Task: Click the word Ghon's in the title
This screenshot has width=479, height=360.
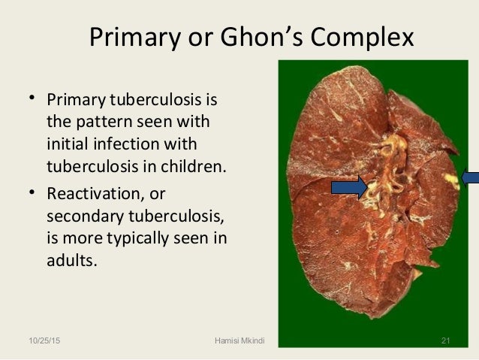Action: tap(253, 37)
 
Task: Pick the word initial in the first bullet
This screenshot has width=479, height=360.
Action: tap(69, 144)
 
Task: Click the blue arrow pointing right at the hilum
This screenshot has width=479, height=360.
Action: tap(349, 188)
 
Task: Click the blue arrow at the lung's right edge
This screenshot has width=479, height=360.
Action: tap(471, 178)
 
